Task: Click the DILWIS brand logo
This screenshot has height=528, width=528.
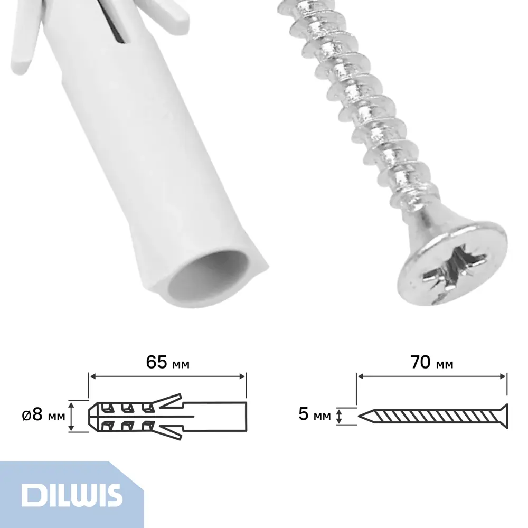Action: point(71,495)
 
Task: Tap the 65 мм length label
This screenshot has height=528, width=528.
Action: point(168,362)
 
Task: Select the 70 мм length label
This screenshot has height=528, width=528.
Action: point(432,362)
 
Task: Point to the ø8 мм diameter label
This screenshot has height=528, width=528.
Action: point(43,414)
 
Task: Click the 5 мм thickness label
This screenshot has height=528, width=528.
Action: point(315,414)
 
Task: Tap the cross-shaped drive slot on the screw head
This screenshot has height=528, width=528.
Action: point(455,267)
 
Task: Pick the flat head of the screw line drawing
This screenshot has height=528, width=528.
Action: point(503,416)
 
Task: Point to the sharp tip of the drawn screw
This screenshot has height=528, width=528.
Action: point(359,416)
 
